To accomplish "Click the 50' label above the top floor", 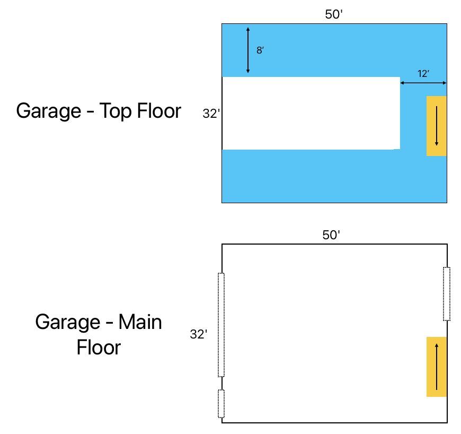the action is pos(334,14).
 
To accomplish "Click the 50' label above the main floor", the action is pos(331,235).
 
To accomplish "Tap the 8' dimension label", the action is pos(260,50).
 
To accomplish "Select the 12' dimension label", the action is pos(423,73).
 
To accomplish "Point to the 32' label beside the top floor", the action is pos(211,114).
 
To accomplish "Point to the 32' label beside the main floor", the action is pos(199,334).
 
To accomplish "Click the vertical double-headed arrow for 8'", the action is pos(248,50).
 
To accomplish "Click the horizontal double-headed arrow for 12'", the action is pos(423,83).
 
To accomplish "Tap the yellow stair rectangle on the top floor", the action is pos(437,126).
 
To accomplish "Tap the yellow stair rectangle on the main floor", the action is pos(437,367).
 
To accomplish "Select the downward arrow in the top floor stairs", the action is pos(437,126).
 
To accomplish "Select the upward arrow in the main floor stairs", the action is pos(437,367).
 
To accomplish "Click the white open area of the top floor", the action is pos(311,114).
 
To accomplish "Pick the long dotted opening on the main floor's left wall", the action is pos(221,325).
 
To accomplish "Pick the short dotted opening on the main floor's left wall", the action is pos(221,404).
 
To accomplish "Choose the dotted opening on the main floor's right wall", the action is pos(447,294).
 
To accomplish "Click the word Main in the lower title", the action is pos(140,322).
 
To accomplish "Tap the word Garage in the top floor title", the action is pos(49,111).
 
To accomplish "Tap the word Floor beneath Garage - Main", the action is pos(99,348).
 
